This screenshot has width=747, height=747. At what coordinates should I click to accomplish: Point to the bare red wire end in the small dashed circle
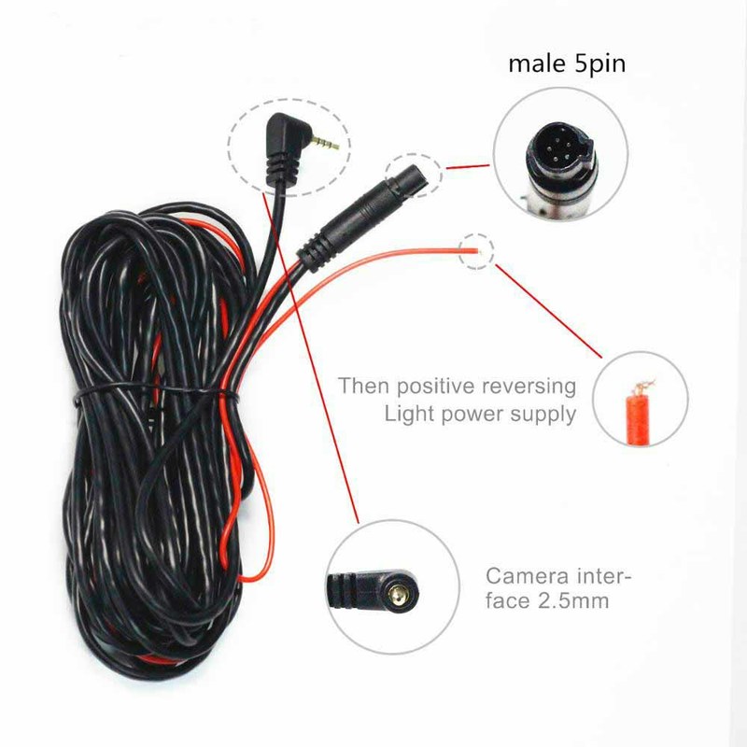click(476, 249)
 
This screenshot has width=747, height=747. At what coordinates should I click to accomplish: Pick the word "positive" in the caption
click(424, 386)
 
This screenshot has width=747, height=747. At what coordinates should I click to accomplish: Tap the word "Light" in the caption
click(408, 414)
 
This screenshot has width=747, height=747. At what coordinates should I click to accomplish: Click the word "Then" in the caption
click(359, 386)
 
